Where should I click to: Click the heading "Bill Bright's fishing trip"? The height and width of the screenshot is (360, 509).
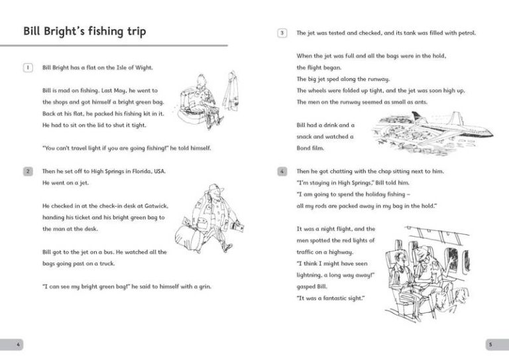(x=84, y=31)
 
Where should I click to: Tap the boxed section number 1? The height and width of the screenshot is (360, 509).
(x=27, y=68)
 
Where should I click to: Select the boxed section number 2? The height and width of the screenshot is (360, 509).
(x=27, y=171)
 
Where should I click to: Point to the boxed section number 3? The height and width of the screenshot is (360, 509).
(x=282, y=32)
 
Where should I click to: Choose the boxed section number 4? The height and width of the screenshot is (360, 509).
(x=282, y=171)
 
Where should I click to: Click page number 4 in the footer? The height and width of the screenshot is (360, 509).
(x=18, y=344)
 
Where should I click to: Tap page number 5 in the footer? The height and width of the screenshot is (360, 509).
(x=490, y=344)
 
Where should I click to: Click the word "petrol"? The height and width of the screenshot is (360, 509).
(x=465, y=32)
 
